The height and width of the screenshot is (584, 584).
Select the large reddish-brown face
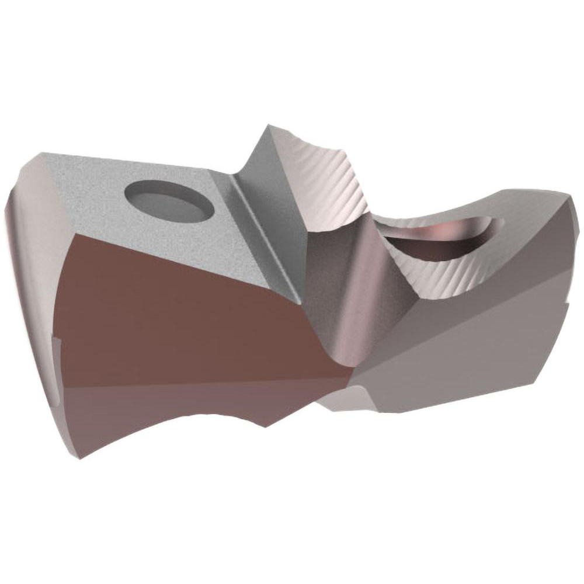175,304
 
